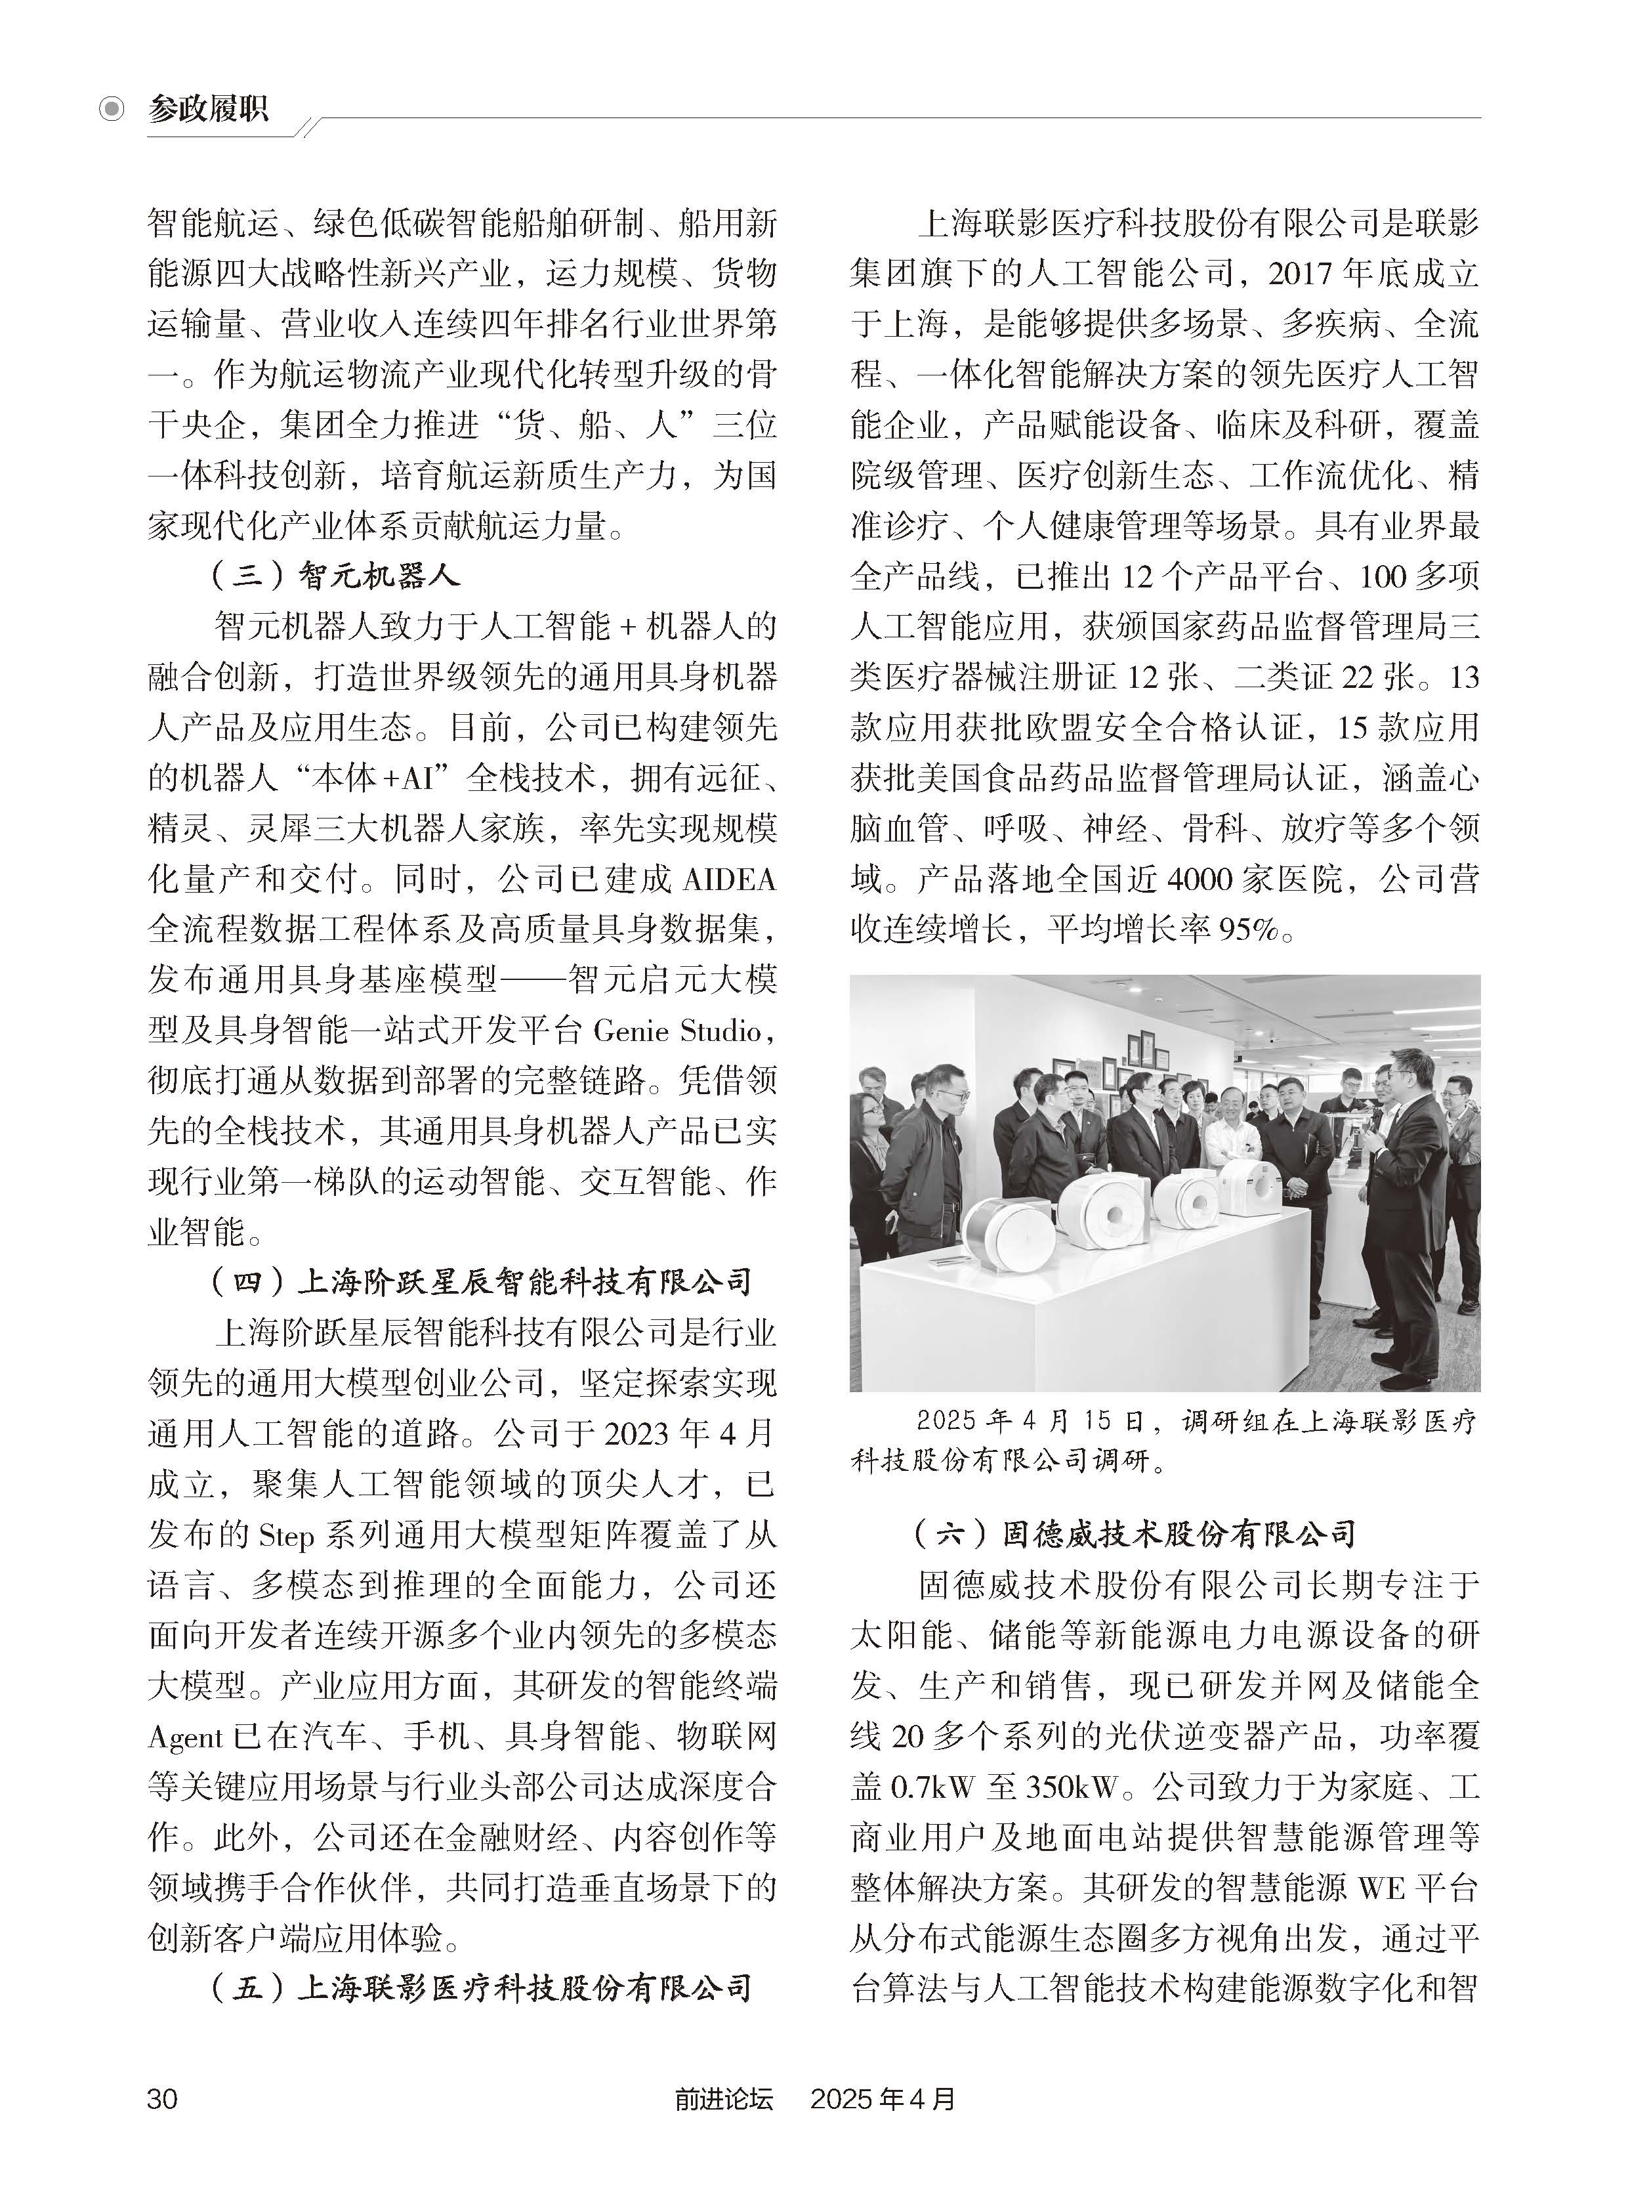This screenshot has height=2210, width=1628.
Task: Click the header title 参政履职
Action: pos(208,108)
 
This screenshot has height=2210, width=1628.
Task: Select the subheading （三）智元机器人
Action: pos(335,576)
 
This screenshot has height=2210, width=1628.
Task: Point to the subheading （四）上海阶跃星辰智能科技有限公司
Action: pos(482,1281)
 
